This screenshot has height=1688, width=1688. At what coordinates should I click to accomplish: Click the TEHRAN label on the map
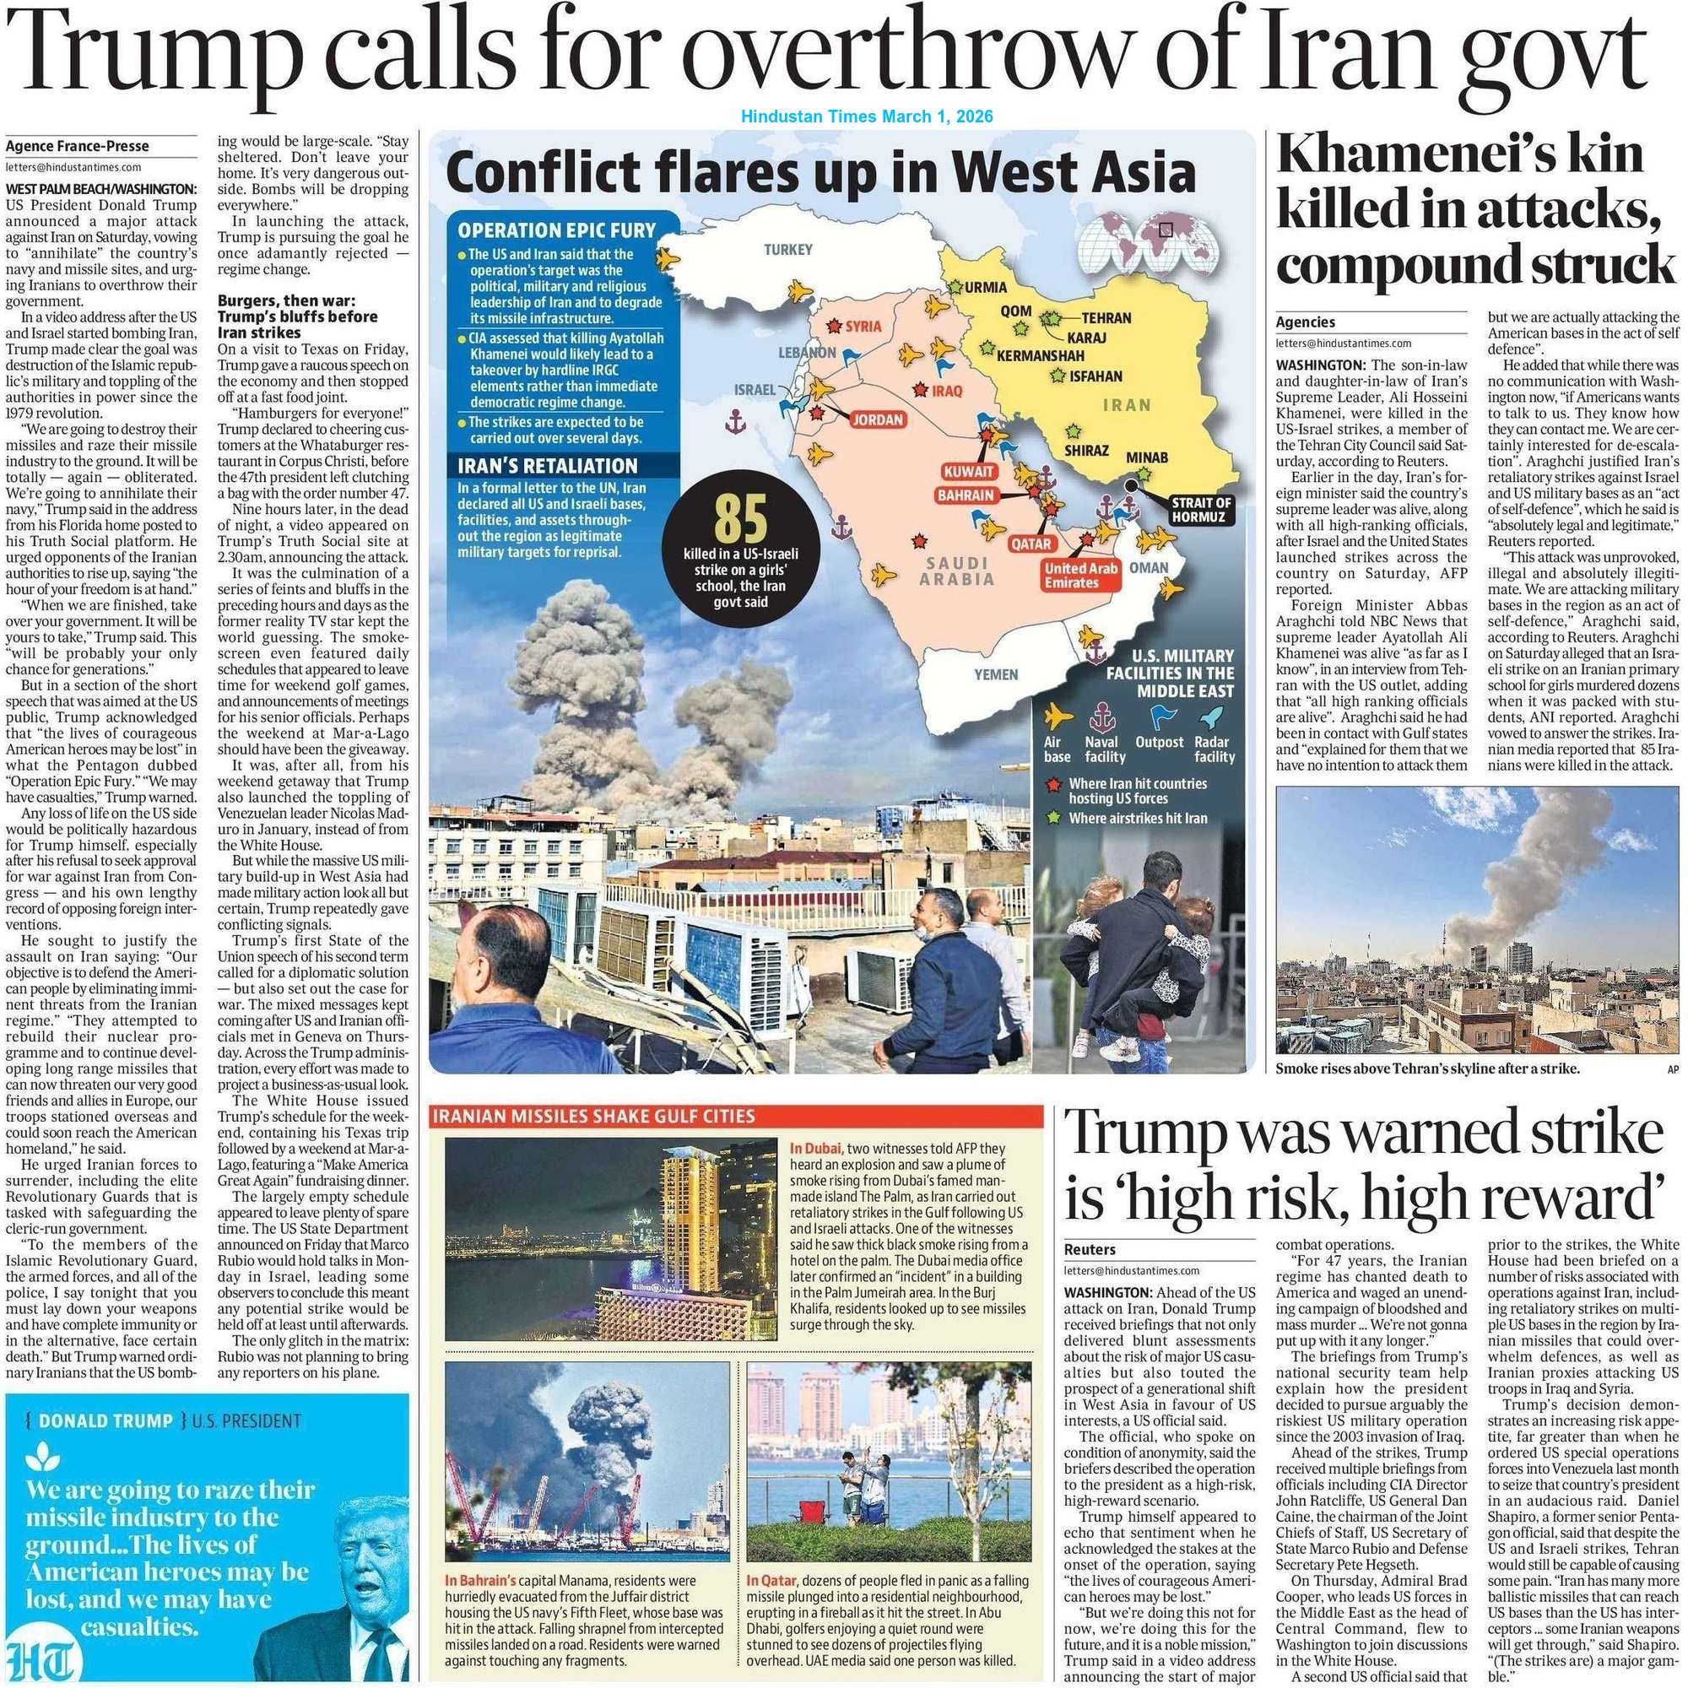1106,318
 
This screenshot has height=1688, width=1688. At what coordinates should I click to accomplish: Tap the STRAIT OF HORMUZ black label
1201,510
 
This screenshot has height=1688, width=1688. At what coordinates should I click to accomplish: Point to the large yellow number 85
741,519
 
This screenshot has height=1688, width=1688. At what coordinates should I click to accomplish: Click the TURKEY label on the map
788,250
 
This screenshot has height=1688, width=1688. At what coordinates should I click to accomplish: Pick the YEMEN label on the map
996,674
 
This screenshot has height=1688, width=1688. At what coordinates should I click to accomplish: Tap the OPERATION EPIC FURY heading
556,230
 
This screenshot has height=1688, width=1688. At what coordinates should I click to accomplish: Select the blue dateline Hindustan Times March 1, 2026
867,116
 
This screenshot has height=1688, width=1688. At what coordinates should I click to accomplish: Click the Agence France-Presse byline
77,146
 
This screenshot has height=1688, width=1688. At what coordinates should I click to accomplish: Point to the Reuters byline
1091,1249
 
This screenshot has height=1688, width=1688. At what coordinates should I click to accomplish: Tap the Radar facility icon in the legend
1211,717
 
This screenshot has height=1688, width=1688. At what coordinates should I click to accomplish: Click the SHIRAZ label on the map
1086,451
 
